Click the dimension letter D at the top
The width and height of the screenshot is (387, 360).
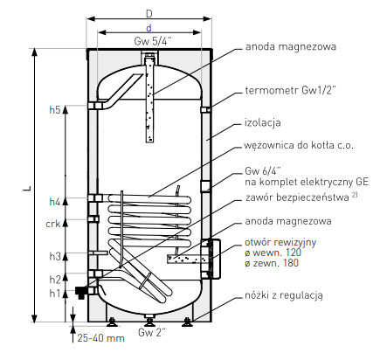click(149, 13)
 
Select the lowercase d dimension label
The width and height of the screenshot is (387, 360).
click(149, 28)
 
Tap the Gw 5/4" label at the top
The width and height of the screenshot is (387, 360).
click(152, 41)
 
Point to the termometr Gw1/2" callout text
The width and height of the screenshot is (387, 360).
click(290, 90)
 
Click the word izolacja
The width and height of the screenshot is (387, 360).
click(263, 122)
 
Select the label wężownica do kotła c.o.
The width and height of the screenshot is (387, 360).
click(299, 145)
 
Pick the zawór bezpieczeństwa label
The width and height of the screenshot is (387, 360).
click(297, 197)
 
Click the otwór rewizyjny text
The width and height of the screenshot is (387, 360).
click(280, 242)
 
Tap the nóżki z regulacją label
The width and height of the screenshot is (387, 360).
click(284, 295)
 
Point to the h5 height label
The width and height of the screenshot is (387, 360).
click(55, 110)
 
